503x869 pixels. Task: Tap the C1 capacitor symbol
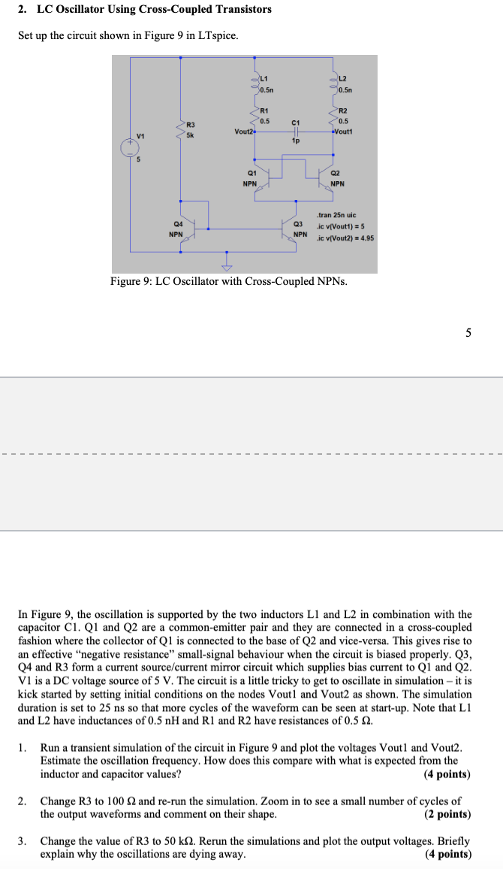[295, 131]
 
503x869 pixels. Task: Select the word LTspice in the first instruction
[218, 35]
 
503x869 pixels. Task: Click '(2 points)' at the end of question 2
[447, 814]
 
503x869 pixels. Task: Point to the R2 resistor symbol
[334, 114]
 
